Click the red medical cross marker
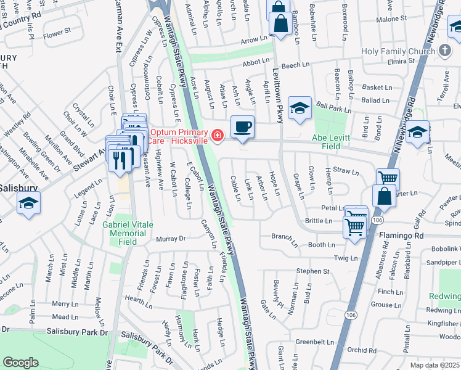(217, 135)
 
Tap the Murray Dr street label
(171, 239)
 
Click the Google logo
(20, 363)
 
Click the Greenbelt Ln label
(314, 342)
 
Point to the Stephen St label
(313, 271)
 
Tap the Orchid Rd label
(361, 350)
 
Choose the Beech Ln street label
(296, 65)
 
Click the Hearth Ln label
(139, 298)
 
